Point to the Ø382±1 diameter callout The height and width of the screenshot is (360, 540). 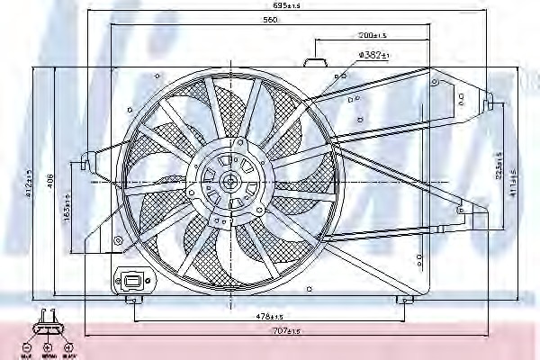pyautogui.click(x=373, y=55)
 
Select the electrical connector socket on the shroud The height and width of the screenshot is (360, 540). pyautogui.click(x=132, y=282)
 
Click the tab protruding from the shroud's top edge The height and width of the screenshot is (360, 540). pyautogui.click(x=314, y=62)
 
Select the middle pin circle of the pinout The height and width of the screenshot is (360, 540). pyautogui.click(x=49, y=346)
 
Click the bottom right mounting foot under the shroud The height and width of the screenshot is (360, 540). pyautogui.click(x=407, y=301)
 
